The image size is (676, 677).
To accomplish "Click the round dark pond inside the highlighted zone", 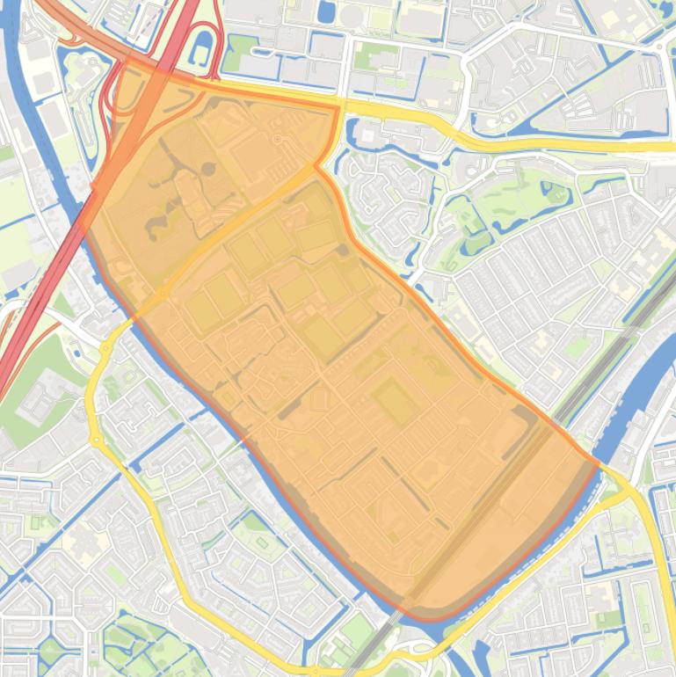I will tap(209, 168).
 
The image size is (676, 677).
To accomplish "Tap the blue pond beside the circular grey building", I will tap(326, 11).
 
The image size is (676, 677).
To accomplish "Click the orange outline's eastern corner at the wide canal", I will tap(599, 464).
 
